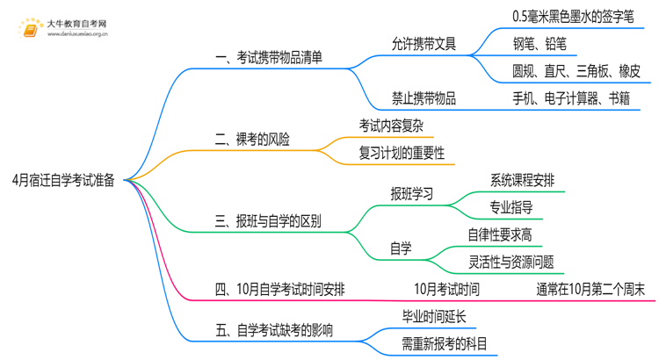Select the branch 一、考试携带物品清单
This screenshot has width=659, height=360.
tap(268, 58)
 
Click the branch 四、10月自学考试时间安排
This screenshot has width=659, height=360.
tap(279, 287)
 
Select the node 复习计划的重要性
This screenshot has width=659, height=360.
tap(402, 153)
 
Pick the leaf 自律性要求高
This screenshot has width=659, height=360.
tap(499, 234)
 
